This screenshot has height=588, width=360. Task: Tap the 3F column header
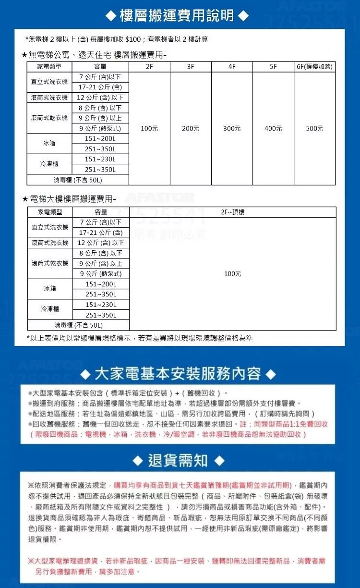pyautogui.click(x=191, y=67)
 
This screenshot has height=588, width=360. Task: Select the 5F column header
pyautogui.click(x=273, y=67)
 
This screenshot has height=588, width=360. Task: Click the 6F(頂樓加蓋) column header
pyautogui.click(x=314, y=67)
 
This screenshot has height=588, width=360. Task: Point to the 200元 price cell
pyautogui.click(x=191, y=128)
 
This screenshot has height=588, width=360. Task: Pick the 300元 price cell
pyautogui.click(x=232, y=128)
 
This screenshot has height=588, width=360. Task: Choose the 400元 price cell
pyautogui.click(x=273, y=128)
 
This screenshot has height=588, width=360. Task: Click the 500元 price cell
pyautogui.click(x=314, y=128)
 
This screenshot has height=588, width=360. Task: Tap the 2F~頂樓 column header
pyautogui.click(x=232, y=212)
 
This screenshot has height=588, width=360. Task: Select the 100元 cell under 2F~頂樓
pyautogui.click(x=232, y=273)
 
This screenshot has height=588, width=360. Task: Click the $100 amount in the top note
pyautogui.click(x=132, y=39)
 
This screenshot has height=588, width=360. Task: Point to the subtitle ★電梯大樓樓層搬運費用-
pyautogui.click(x=70, y=198)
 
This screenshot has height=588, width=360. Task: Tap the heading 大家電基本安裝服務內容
pyautogui.click(x=178, y=373)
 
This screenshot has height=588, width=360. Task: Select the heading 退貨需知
pyautogui.click(x=178, y=461)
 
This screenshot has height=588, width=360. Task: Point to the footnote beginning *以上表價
pyautogui.click(x=140, y=338)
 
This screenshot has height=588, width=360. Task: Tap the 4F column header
pyautogui.click(x=232, y=67)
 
